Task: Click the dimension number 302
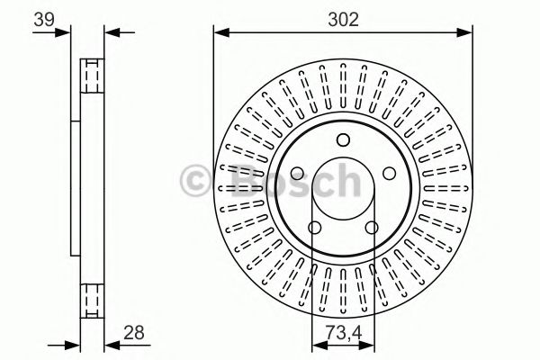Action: tap(343, 19)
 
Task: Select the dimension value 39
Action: tap(42, 19)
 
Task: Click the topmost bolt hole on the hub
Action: tap(342, 139)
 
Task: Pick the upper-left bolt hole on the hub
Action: tap(297, 174)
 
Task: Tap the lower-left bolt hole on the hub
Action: tap(314, 228)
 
